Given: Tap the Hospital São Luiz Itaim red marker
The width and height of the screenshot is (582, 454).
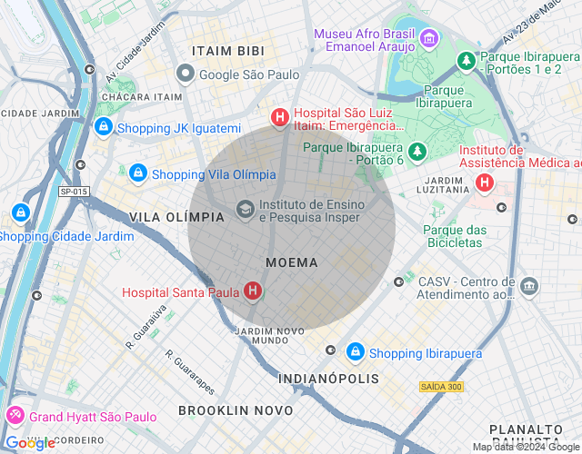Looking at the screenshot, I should (280, 117).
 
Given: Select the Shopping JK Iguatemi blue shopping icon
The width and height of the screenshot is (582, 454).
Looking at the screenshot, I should (104, 127).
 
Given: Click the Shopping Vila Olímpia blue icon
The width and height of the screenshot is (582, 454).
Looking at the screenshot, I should (137, 172).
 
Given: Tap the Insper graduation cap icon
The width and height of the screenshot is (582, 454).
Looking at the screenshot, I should (245, 210).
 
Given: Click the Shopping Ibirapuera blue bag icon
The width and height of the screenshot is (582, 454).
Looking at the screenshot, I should (356, 350).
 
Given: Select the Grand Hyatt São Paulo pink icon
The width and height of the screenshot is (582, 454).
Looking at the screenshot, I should (15, 416).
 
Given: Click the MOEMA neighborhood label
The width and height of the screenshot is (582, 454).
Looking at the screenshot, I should (292, 262).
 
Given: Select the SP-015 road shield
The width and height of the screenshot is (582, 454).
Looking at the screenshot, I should (73, 192).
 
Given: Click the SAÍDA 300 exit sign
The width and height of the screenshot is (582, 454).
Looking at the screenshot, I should (442, 387).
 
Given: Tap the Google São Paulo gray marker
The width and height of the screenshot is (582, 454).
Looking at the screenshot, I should (186, 74).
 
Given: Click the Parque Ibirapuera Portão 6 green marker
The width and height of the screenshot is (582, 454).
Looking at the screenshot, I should (417, 151).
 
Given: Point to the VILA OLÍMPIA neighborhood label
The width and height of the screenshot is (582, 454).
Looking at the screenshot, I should (176, 217).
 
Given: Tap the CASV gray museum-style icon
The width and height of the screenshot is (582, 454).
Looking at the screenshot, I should (529, 287).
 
